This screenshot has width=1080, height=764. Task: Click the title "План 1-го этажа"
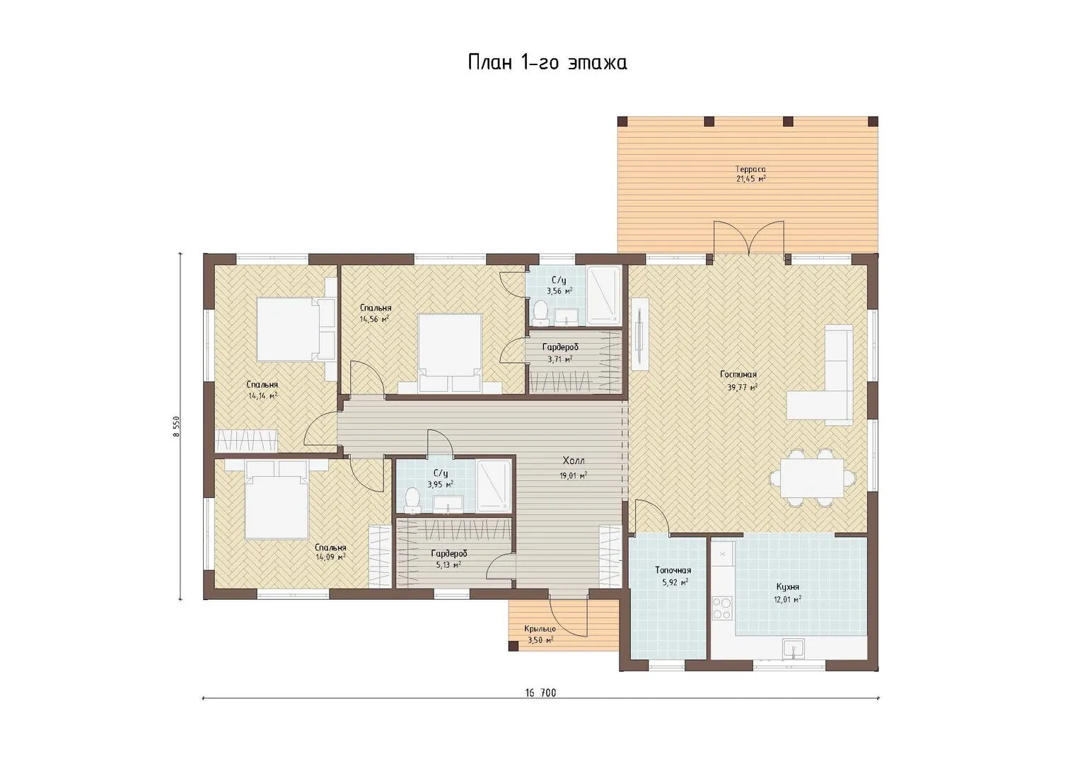click(547, 63)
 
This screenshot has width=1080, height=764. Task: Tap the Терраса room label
click(750, 169)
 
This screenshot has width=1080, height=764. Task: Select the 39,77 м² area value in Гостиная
click(741, 387)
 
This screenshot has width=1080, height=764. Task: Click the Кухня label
click(788, 587)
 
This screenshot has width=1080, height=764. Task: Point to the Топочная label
click(673, 571)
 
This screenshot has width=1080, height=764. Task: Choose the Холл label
click(574, 461)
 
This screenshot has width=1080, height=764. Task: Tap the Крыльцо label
click(540, 629)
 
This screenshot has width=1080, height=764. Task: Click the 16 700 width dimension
click(540, 693)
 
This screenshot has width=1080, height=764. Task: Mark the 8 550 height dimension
click(177, 427)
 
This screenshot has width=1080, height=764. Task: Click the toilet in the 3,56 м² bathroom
click(540, 312)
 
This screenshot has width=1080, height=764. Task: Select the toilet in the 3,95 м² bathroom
click(412, 499)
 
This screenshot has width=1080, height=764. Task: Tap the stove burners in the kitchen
click(721, 608)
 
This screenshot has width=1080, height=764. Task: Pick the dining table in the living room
click(813, 477)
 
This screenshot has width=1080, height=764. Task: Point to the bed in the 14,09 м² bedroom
click(277, 499)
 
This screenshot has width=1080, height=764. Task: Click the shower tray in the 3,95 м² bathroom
click(493, 485)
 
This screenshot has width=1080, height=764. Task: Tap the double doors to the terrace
click(748, 238)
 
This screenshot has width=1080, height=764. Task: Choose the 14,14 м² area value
click(263, 396)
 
